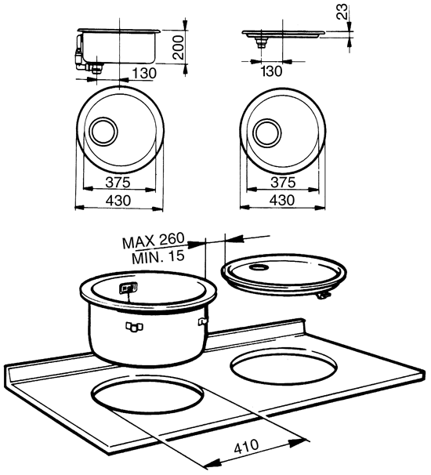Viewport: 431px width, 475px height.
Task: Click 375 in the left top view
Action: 117,182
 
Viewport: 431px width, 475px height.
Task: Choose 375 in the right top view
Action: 281,182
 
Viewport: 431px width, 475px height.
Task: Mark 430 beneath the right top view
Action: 281,201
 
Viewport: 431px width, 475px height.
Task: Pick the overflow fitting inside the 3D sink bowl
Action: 125,289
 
